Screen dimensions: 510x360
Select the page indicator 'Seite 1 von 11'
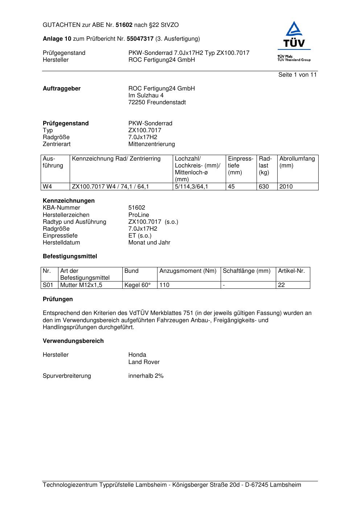pyautogui.click(x=297, y=75)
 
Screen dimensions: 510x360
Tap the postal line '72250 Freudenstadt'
pyautogui.click(x=157, y=102)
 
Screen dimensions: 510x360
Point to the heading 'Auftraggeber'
pyautogui.click(x=62, y=89)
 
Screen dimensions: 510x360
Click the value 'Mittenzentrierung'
pyautogui.click(x=151, y=144)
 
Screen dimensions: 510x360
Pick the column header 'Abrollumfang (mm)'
pyautogui.click(x=297, y=162)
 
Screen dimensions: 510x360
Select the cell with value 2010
pyautogui.click(x=286, y=187)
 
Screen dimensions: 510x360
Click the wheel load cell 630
pyautogui.click(x=263, y=187)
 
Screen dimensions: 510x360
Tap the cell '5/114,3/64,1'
pyautogui.click(x=191, y=187)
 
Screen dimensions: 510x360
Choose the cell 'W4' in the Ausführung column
pyautogui.click(x=48, y=187)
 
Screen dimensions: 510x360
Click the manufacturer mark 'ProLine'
pyautogui.click(x=139, y=215)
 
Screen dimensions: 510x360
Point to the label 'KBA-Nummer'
pyautogui.click(x=61, y=208)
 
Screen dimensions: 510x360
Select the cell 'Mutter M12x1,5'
pyautogui.click(x=81, y=285)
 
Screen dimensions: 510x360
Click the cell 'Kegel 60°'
pyautogui.click(x=137, y=285)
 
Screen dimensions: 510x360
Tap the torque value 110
pyautogui.click(x=164, y=285)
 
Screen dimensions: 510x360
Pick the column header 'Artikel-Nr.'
pyautogui.click(x=291, y=271)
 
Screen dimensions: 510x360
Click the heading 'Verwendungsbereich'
pyautogui.click(x=73, y=341)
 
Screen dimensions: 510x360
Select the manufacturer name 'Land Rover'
pyautogui.click(x=144, y=362)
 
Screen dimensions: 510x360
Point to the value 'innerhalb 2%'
pyautogui.click(x=146, y=376)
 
